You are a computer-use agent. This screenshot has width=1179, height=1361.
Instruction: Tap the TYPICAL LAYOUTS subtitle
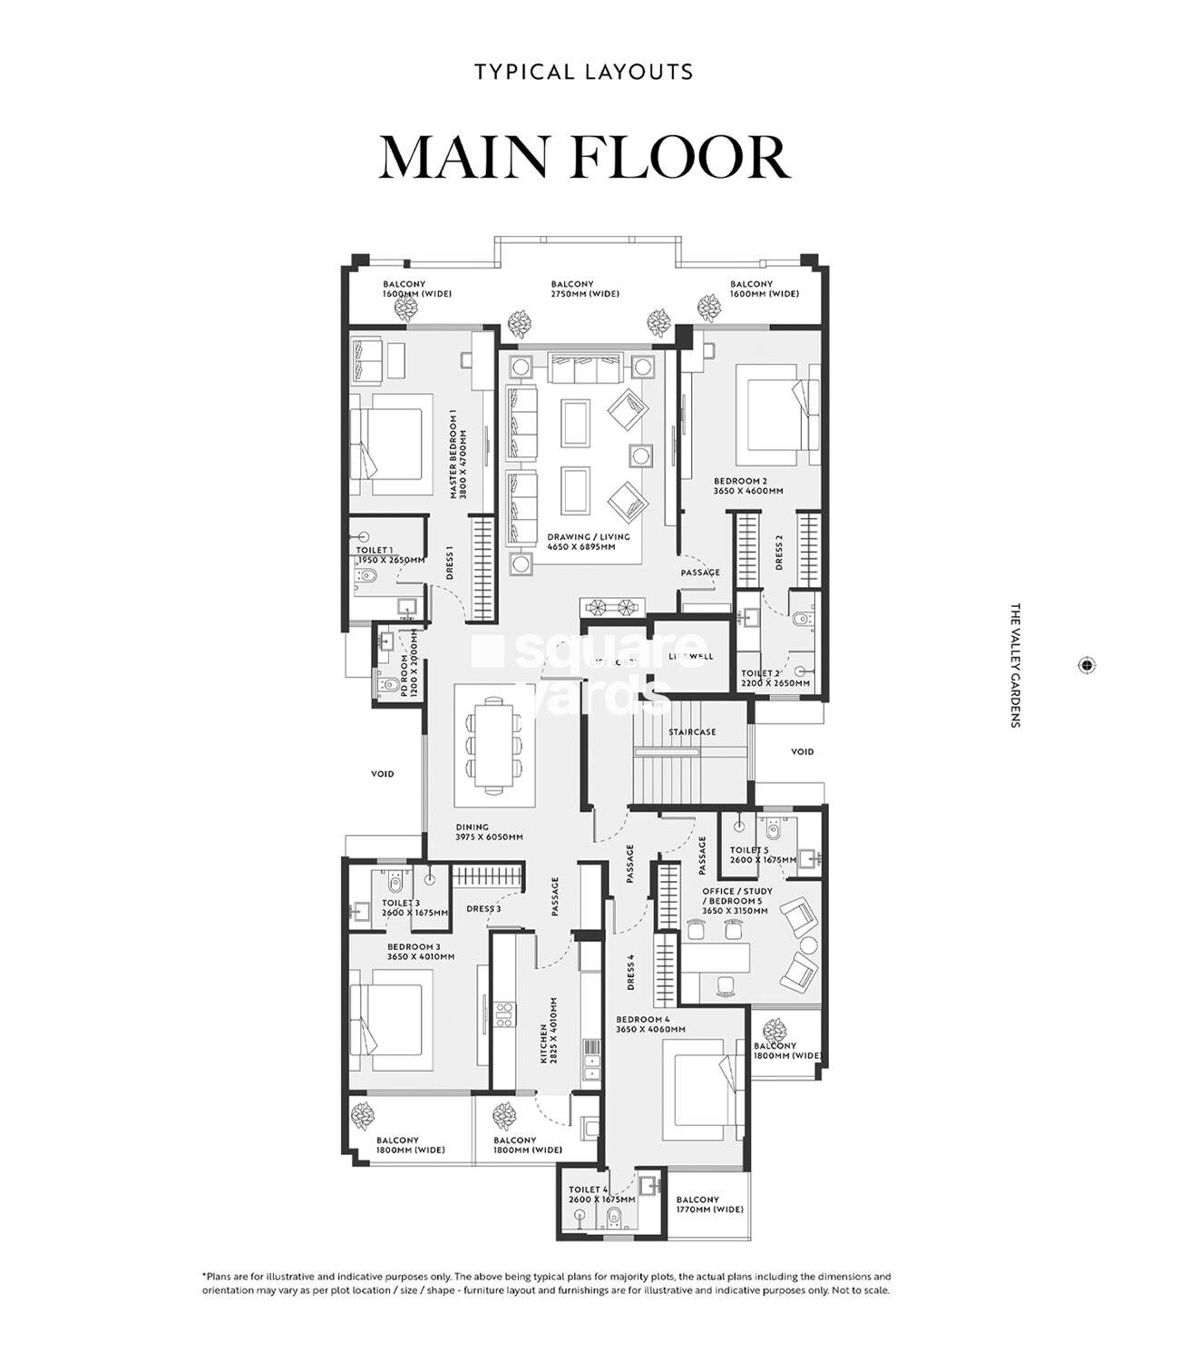584,72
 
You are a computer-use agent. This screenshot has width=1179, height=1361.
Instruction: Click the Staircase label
692,731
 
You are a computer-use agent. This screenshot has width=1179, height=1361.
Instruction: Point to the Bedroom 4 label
649,1024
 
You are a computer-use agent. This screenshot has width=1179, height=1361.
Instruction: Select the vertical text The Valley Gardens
1015,665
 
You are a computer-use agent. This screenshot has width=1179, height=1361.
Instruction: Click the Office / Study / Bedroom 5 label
735,901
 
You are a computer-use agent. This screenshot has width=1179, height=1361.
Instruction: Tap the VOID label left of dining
382,774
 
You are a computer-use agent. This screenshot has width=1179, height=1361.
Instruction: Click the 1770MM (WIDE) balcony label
709,1204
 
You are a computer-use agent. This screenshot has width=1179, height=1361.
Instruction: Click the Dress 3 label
483,908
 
